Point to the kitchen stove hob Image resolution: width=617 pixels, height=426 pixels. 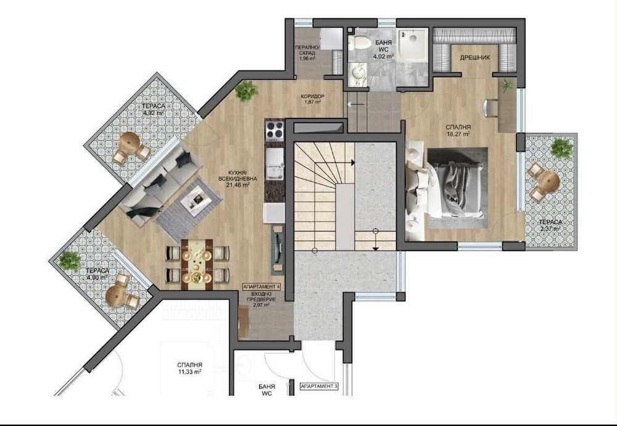(275, 131)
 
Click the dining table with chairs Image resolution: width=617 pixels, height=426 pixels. (197, 264)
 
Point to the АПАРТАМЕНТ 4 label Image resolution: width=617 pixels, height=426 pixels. (262, 287)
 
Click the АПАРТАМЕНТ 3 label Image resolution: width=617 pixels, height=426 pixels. (319, 386)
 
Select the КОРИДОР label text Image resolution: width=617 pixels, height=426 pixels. (313, 97)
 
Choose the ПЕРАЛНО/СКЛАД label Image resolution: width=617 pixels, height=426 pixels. (307, 53)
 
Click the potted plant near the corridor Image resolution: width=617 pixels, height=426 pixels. (247, 91)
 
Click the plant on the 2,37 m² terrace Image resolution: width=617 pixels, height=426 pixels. (561, 148)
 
